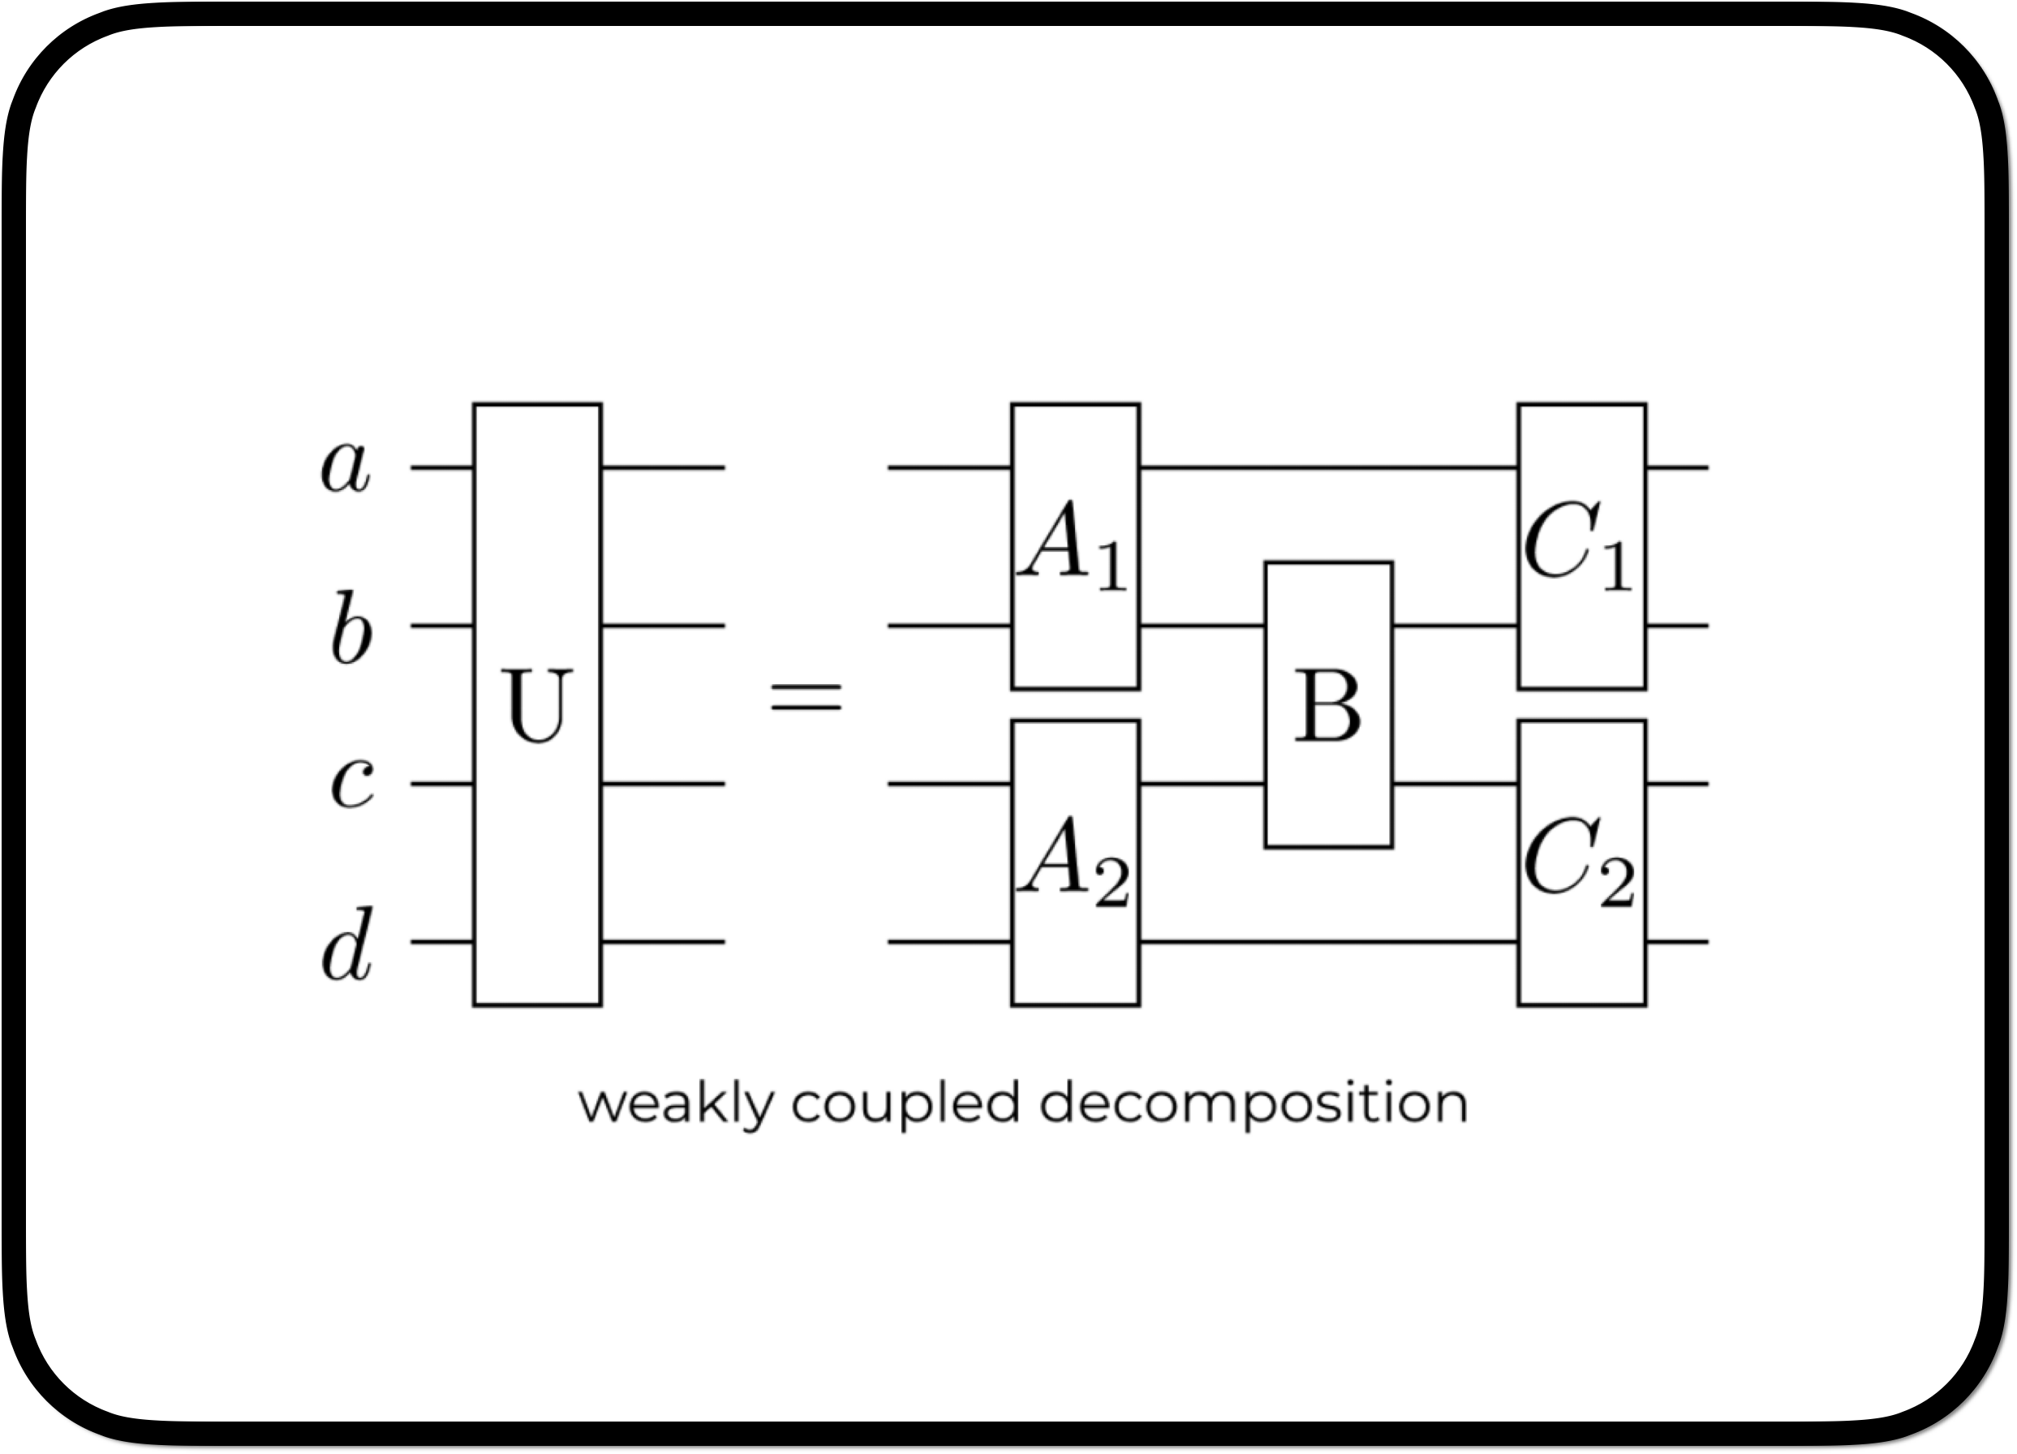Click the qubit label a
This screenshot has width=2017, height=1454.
tap(345, 466)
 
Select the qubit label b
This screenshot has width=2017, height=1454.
tap(351, 627)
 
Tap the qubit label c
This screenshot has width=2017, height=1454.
tap(352, 785)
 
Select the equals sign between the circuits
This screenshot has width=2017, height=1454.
tap(806, 696)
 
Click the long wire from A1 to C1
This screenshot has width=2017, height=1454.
tap(1329, 467)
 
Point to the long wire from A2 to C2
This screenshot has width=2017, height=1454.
tap(1329, 941)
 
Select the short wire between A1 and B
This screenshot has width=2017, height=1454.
tap(1202, 626)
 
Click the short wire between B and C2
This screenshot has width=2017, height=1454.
tap(1455, 785)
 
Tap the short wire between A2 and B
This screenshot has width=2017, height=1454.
tap(1202, 785)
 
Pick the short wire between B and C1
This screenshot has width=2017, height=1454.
tap(1455, 626)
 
